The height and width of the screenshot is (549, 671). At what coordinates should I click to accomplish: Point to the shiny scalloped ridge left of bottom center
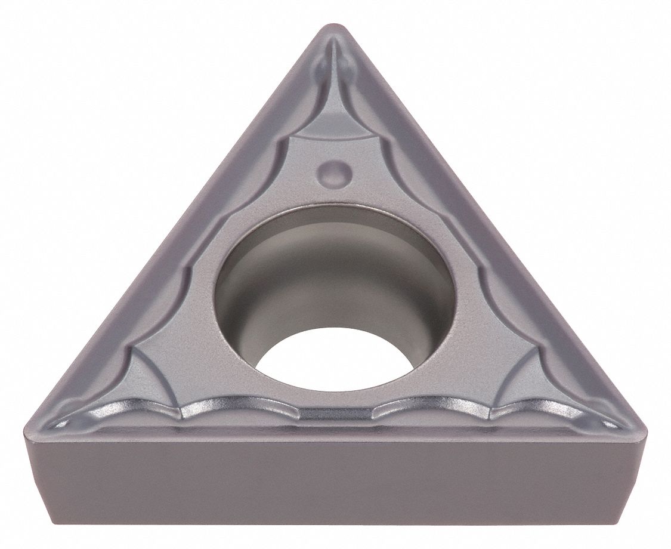(x=239, y=407)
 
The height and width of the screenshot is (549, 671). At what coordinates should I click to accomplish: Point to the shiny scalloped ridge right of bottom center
(x=429, y=407)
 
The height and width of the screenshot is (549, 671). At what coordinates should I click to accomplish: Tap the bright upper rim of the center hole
(x=334, y=206)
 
